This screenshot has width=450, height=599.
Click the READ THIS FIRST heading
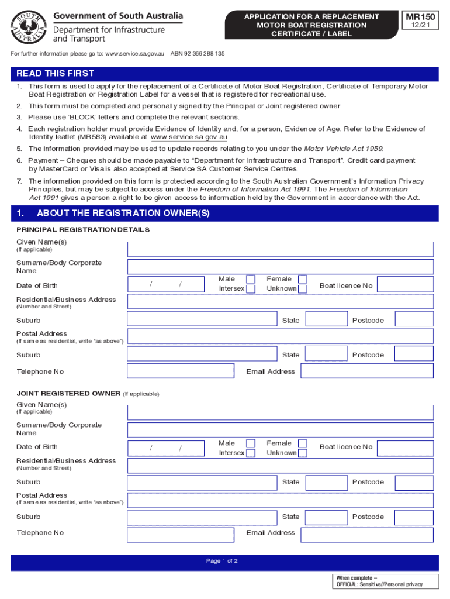point(56,74)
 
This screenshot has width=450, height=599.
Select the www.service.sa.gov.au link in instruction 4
point(189,137)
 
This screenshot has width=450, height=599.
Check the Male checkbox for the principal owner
point(250,279)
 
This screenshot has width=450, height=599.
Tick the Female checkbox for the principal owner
point(302,279)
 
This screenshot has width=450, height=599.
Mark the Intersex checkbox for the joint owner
point(250,453)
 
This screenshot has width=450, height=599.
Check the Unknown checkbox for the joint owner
point(302,453)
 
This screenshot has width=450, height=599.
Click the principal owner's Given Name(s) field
point(281,249)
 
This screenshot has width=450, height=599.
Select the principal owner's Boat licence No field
point(405,285)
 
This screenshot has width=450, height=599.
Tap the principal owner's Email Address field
point(367,371)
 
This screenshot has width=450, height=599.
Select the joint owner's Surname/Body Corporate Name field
point(281,430)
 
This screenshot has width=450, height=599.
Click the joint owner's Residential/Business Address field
point(281,466)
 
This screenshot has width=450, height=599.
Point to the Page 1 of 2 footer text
point(222,561)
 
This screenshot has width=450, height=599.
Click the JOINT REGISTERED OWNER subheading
point(68,393)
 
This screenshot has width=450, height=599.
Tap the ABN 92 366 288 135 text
point(198,54)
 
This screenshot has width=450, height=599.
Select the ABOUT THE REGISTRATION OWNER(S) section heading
point(123,214)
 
